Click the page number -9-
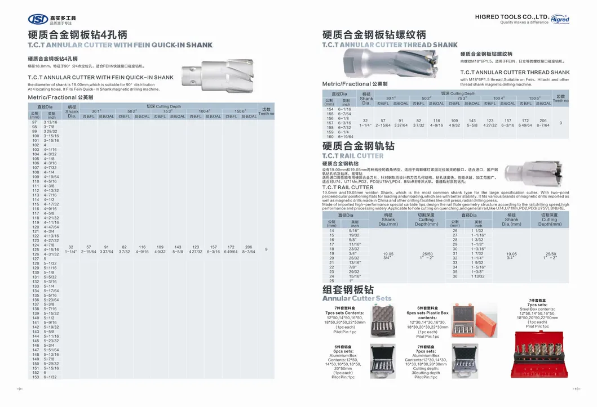tap(19, 388)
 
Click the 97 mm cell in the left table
tap(34, 122)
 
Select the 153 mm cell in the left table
tap(34, 377)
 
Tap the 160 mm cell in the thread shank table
tap(330, 137)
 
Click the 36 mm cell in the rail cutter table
tap(455, 276)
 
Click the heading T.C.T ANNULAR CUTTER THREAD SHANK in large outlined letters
tap(390, 45)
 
